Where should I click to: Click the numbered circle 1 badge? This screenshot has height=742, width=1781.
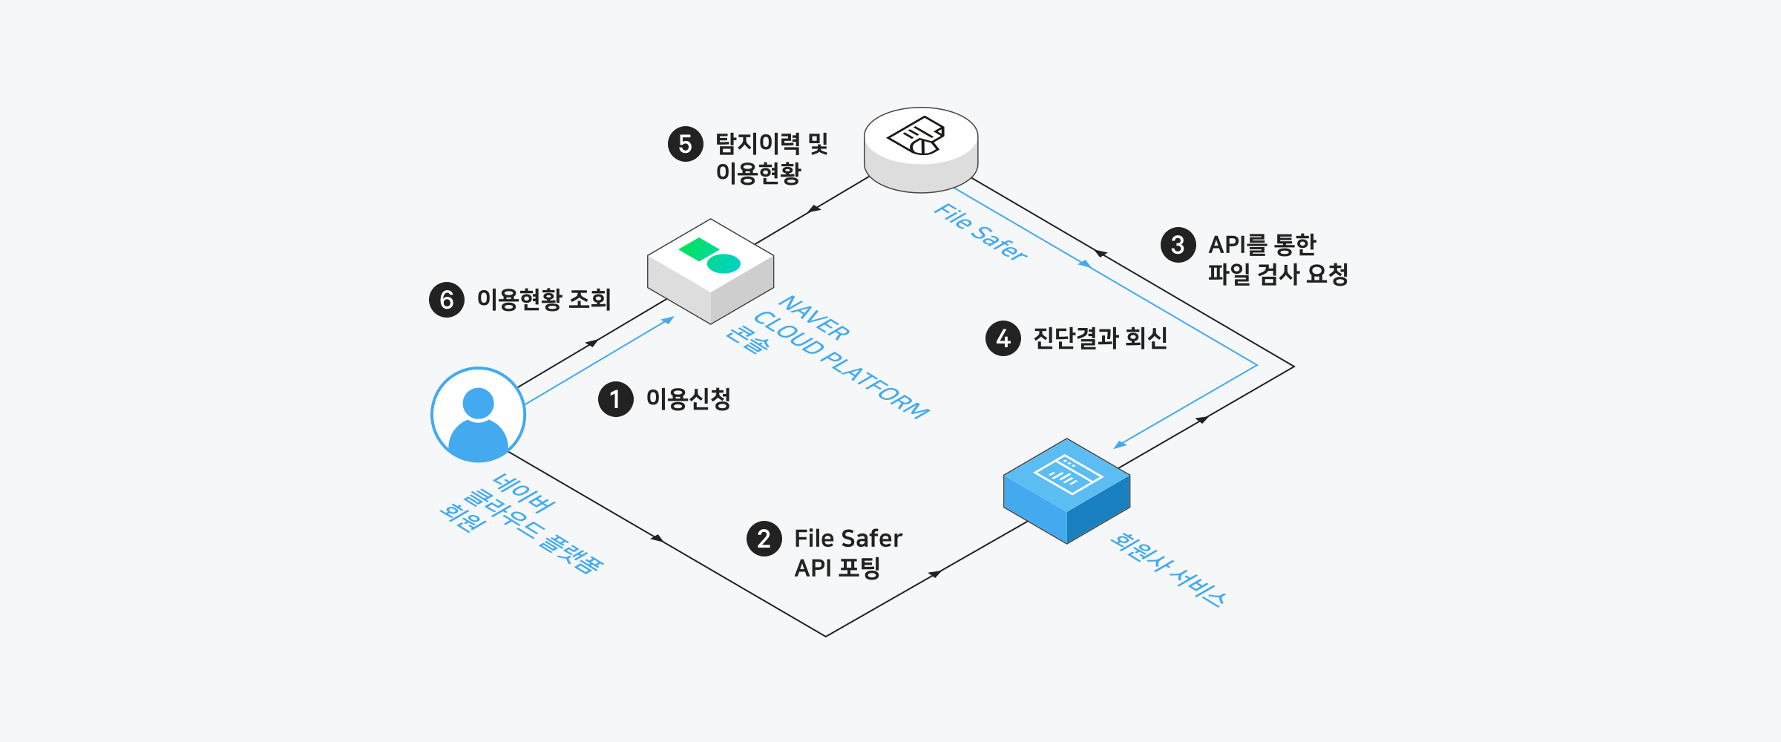pyautogui.click(x=615, y=399)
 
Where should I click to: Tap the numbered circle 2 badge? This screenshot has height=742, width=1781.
pyautogui.click(x=764, y=539)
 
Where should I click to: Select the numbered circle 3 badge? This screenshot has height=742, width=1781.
pyautogui.click(x=1178, y=245)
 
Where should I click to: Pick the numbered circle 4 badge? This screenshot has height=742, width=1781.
pyautogui.click(x=1003, y=338)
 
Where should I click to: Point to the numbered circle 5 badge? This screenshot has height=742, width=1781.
pyautogui.click(x=685, y=144)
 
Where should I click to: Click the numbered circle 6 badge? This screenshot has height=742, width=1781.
pyautogui.click(x=446, y=300)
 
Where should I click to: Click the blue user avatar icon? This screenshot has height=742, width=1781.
pyautogui.click(x=478, y=414)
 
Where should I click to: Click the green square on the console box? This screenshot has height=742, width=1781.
pyautogui.click(x=698, y=249)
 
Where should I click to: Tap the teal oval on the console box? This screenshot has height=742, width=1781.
pyautogui.click(x=724, y=263)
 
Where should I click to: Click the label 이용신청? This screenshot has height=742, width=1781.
pyautogui.click(x=688, y=399)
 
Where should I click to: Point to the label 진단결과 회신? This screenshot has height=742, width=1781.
pyautogui.click(x=1100, y=338)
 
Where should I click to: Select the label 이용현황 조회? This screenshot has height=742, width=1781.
pyautogui.click(x=543, y=300)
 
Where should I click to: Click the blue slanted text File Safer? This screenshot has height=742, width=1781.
pyautogui.click(x=980, y=232)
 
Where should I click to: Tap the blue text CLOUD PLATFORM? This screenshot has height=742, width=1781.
pyautogui.click(x=841, y=364)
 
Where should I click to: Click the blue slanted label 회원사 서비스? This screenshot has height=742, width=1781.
pyautogui.click(x=1167, y=571)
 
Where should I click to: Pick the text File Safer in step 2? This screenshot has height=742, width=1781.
pyautogui.click(x=847, y=538)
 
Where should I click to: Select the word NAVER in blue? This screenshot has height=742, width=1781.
pyautogui.click(x=813, y=318)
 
